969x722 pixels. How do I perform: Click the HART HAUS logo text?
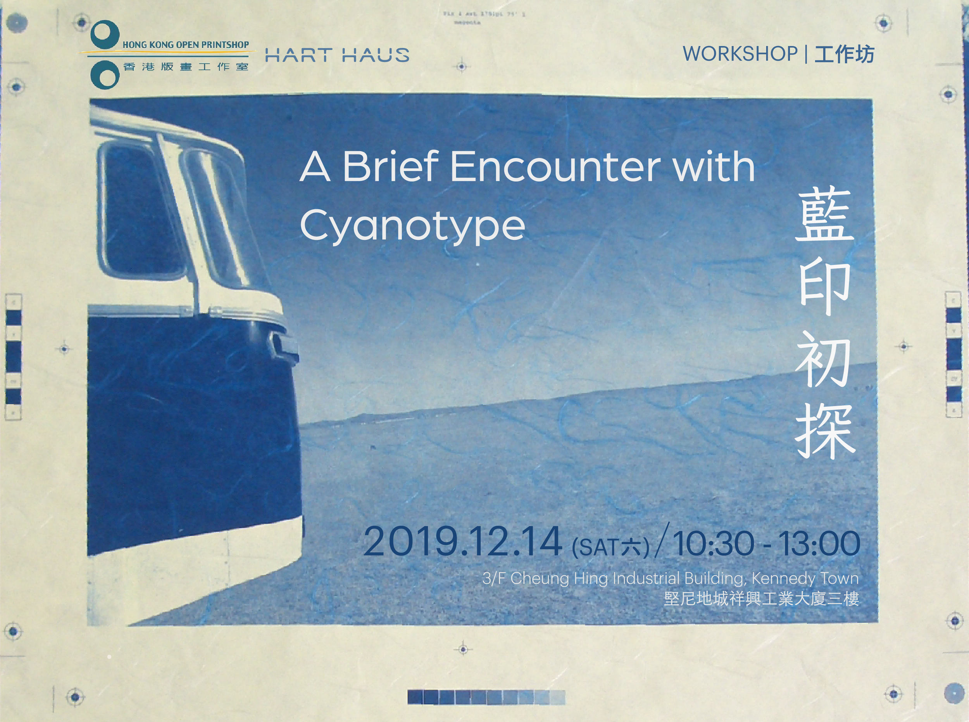[337, 55]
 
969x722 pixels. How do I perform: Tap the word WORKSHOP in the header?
[740, 54]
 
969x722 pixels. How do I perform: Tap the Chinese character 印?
[824, 288]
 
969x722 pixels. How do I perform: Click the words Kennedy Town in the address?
[805, 579]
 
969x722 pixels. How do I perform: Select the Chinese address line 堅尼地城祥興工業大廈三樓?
[761, 599]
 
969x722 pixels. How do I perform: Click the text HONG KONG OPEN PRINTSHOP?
[186, 45]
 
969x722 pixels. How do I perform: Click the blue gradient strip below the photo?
[486, 697]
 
